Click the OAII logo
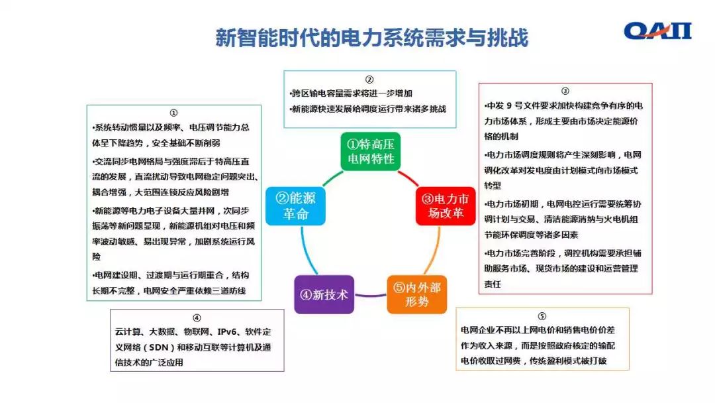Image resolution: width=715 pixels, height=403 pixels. (x=657, y=30)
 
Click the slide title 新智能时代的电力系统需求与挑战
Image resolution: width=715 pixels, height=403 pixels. (x=371, y=38)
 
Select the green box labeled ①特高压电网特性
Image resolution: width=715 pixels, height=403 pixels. (x=370, y=151)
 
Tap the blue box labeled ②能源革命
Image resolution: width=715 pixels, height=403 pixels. (x=295, y=206)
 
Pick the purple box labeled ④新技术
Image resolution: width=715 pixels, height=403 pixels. (x=323, y=295)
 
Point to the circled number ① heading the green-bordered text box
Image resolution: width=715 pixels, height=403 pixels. (x=173, y=113)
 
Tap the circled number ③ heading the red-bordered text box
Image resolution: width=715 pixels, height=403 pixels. (x=565, y=91)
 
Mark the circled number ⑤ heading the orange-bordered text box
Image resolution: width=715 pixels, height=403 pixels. (x=542, y=316)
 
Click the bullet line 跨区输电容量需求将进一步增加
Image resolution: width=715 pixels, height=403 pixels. (x=352, y=93)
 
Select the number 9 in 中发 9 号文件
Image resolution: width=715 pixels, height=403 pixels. (x=509, y=106)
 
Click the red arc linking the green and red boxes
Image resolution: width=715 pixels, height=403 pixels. (x=408, y=178)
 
